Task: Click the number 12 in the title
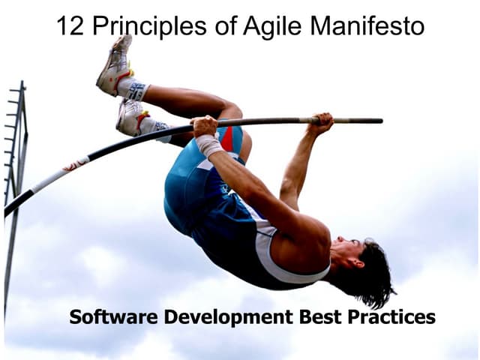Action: click(70, 26)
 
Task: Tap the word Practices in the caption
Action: click(391, 316)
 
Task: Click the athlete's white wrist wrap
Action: click(209, 145)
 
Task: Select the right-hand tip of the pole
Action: click(379, 120)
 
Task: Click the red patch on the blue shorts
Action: click(226, 138)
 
